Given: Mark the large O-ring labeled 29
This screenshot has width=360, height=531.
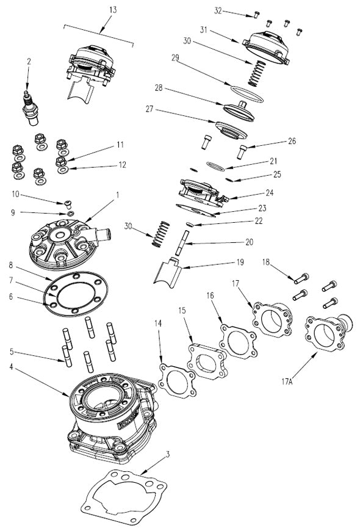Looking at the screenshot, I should coord(245,92).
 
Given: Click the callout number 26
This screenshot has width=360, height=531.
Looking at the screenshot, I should coord(292,141).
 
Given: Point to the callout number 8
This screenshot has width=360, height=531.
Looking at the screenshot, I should coord(11,266).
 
